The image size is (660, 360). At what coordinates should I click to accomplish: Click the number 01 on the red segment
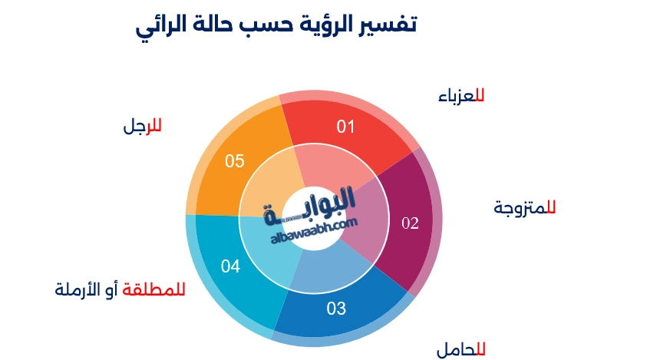pyautogui.click(x=346, y=127)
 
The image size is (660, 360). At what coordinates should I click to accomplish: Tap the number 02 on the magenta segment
pyautogui.click(x=411, y=223)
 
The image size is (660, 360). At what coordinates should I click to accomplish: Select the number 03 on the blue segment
pyautogui.click(x=336, y=309)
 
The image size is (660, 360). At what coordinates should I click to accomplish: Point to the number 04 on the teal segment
pyautogui.click(x=230, y=266)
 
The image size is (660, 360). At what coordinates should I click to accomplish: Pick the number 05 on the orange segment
pyautogui.click(x=234, y=161)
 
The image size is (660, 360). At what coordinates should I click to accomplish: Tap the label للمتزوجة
pyautogui.click(x=525, y=207)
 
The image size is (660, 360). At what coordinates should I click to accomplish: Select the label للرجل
pyautogui.click(x=143, y=126)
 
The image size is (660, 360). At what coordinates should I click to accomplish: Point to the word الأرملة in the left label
pyautogui.click(x=80, y=289)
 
